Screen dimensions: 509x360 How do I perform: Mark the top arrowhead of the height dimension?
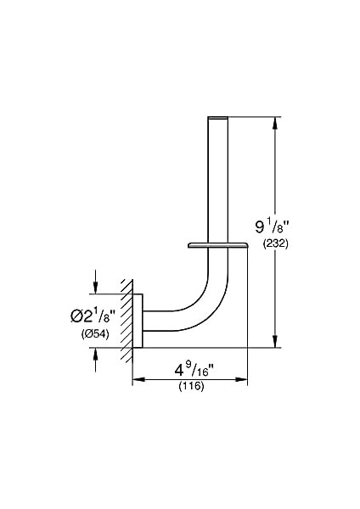274,121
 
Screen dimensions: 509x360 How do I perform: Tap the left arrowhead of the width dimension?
138,381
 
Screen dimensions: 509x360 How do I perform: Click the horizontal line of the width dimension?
190,381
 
